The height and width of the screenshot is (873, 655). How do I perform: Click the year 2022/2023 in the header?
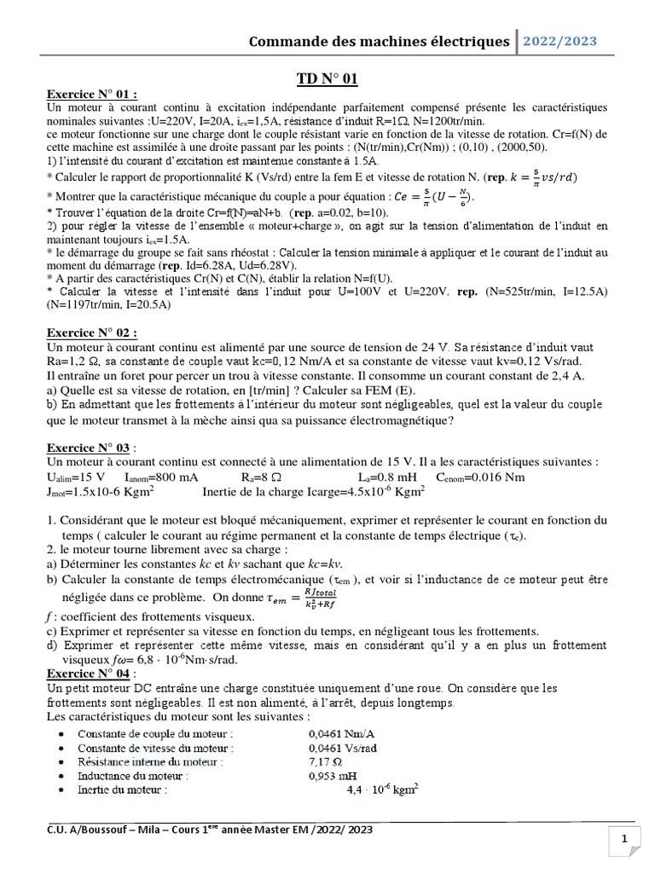click(x=561, y=41)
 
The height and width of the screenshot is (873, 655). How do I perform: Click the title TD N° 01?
click(x=327, y=78)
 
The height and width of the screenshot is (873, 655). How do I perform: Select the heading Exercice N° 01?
click(x=91, y=95)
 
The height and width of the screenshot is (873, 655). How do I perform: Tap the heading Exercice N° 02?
click(x=91, y=333)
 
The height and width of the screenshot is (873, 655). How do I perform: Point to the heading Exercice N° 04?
click(x=91, y=674)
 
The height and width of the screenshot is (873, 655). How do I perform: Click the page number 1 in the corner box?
click(x=625, y=841)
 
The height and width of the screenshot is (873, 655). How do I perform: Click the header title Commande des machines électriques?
click(x=379, y=41)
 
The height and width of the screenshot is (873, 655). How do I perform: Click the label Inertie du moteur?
click(x=123, y=790)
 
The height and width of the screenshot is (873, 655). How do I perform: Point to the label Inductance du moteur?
click(x=132, y=776)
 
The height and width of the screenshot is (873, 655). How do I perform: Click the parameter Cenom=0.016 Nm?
click(x=483, y=477)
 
